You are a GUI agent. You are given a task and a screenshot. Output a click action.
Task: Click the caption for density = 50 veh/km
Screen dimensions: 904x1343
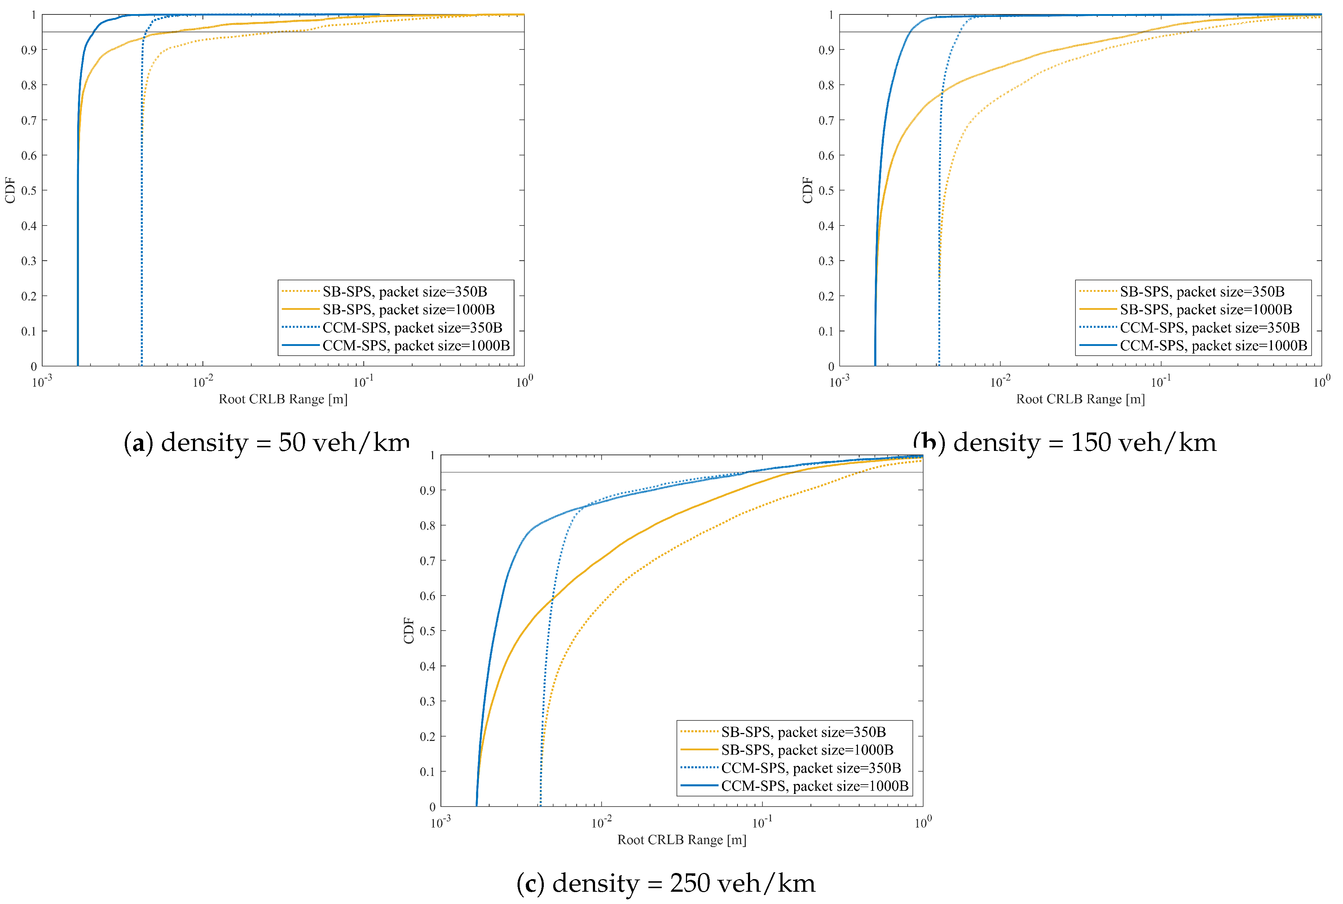[266, 443]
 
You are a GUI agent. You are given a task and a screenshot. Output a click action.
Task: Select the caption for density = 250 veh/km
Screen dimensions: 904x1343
[666, 883]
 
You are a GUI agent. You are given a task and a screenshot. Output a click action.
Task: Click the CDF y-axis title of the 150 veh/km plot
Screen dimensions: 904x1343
[807, 190]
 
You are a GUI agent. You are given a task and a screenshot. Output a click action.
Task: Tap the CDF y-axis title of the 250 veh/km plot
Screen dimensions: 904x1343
[409, 630]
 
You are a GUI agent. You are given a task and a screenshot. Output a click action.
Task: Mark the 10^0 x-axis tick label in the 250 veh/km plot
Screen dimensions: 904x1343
[923, 821]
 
